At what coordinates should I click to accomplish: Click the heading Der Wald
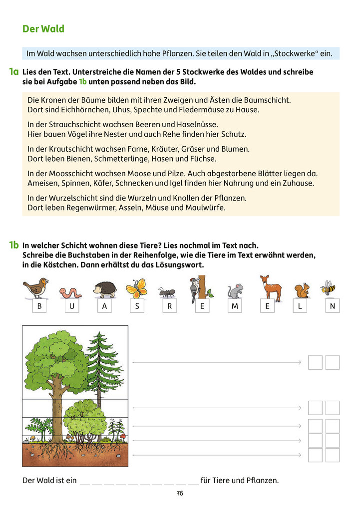(43, 29)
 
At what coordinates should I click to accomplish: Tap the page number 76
(180, 493)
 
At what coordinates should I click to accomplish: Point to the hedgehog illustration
(105, 289)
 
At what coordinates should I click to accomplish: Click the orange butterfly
(136, 288)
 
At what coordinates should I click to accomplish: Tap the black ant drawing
(166, 292)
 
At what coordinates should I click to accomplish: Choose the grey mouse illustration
(234, 291)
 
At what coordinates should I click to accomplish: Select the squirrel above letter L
(302, 290)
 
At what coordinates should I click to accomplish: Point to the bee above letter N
(328, 288)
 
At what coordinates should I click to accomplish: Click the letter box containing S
(137, 306)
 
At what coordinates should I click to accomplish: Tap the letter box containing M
(234, 306)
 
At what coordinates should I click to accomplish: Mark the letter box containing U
(72, 306)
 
